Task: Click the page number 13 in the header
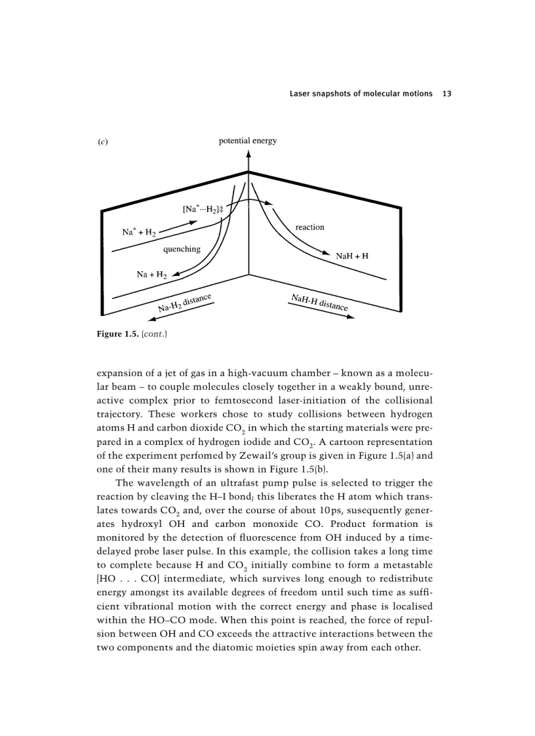point(447,94)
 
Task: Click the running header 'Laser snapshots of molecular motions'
point(361,94)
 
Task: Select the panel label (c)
point(102,142)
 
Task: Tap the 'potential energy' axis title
point(248,141)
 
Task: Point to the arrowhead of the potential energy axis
point(248,153)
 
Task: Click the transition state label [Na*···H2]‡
point(203,209)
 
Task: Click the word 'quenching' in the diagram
point(182,249)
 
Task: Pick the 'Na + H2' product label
point(151,275)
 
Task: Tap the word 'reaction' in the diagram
point(309,227)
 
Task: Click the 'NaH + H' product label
point(351,256)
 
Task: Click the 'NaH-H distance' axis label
point(319,302)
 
